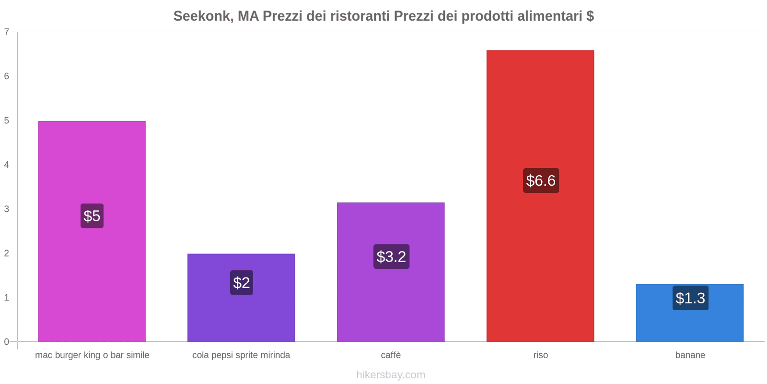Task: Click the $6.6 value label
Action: click(541, 180)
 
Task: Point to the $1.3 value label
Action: click(690, 298)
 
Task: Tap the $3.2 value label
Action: click(391, 256)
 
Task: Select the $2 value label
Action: click(241, 283)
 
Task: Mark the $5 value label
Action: click(92, 216)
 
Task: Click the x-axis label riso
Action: click(540, 355)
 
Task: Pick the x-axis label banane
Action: click(690, 355)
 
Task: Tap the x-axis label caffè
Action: click(391, 355)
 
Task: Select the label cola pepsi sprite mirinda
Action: click(241, 355)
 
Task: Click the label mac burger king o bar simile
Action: click(92, 355)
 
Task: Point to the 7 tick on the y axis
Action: click(7, 32)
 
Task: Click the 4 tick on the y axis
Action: click(7, 165)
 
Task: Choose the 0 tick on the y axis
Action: click(7, 342)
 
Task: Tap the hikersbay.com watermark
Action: click(391, 375)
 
